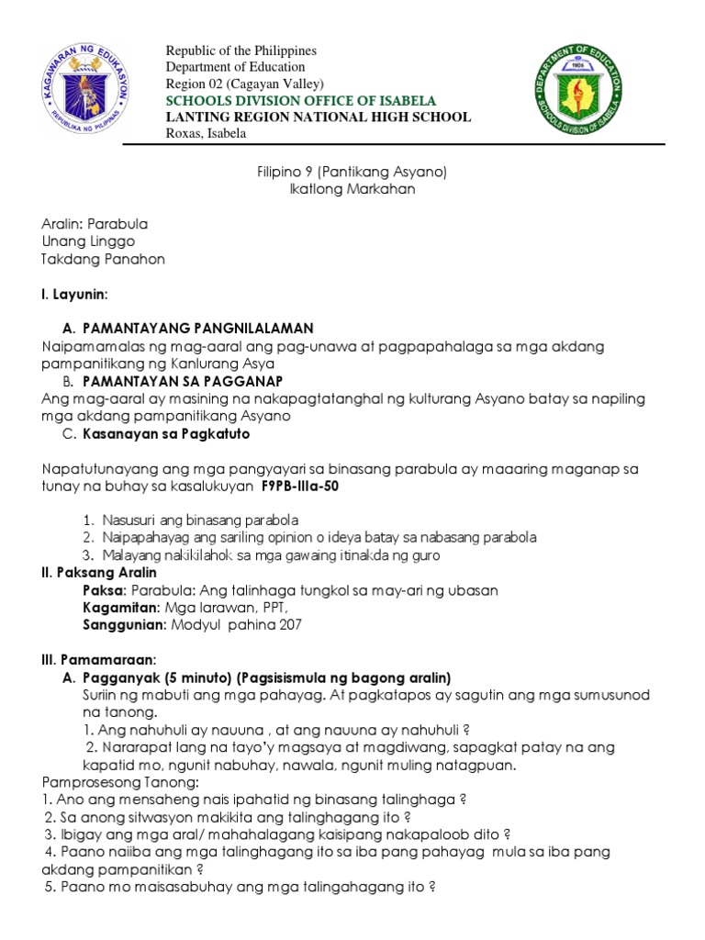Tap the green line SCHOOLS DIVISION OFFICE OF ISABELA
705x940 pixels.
(x=300, y=100)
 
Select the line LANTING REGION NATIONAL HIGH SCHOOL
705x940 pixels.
(x=318, y=117)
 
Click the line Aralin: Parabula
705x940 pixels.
(x=95, y=224)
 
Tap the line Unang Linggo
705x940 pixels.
(x=89, y=241)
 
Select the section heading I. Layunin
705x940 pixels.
(x=75, y=294)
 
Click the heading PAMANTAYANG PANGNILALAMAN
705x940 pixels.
(x=197, y=329)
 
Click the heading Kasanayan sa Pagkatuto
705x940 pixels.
(x=166, y=433)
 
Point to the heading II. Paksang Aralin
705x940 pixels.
(x=101, y=572)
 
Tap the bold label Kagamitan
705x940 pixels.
(x=120, y=607)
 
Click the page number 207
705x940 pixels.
(x=288, y=624)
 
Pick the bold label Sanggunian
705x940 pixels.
(x=124, y=624)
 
